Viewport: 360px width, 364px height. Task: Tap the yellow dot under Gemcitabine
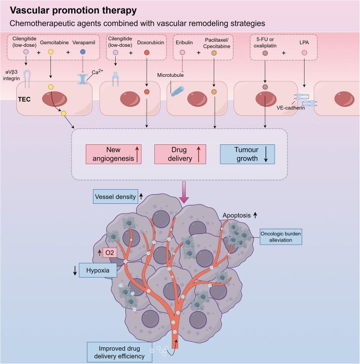click(50, 52)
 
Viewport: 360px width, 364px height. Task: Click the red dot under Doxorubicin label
click(146, 52)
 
